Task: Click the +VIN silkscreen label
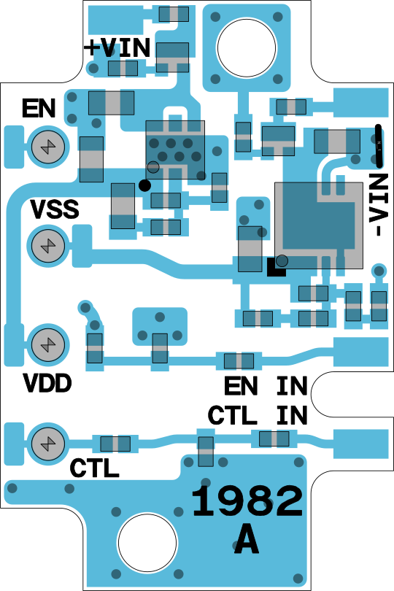117,48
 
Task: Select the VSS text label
55,209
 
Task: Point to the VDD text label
47,383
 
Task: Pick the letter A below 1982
247,539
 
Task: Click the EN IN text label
266,386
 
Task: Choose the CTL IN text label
258,415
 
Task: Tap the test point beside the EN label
48,147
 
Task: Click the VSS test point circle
48,246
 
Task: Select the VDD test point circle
48,345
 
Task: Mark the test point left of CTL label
48,444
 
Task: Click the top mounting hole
247,48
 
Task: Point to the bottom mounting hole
147,542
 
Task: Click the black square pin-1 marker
276,267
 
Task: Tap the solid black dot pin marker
144,185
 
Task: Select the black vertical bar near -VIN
379,146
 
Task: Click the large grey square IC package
319,225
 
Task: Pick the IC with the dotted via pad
175,150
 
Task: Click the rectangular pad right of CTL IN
361,444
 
